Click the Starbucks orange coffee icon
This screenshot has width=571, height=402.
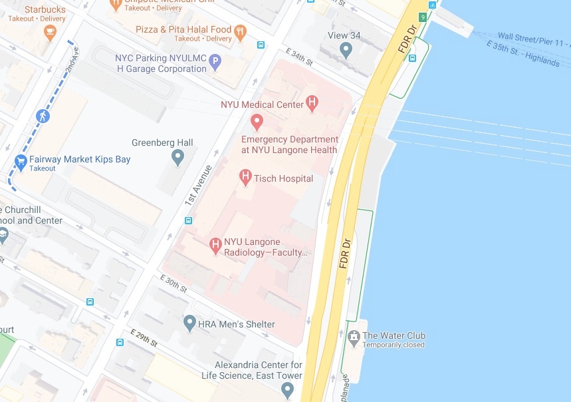[49, 33]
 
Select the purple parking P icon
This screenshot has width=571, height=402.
[215, 63]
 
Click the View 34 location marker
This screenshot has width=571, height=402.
[346, 49]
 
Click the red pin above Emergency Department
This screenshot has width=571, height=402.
[257, 122]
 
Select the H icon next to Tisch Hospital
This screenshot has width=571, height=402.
[245, 178]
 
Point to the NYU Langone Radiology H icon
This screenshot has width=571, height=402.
[215, 246]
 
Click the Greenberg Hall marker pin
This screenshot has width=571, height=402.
[177, 158]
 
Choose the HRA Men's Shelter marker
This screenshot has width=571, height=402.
[189, 323]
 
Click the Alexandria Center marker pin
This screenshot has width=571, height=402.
[287, 389]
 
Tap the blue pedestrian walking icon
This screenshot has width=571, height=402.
[43, 116]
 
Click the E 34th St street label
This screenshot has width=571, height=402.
[299, 57]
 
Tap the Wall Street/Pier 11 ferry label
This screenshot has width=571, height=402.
[533, 42]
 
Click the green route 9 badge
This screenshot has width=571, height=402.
[422, 17]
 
